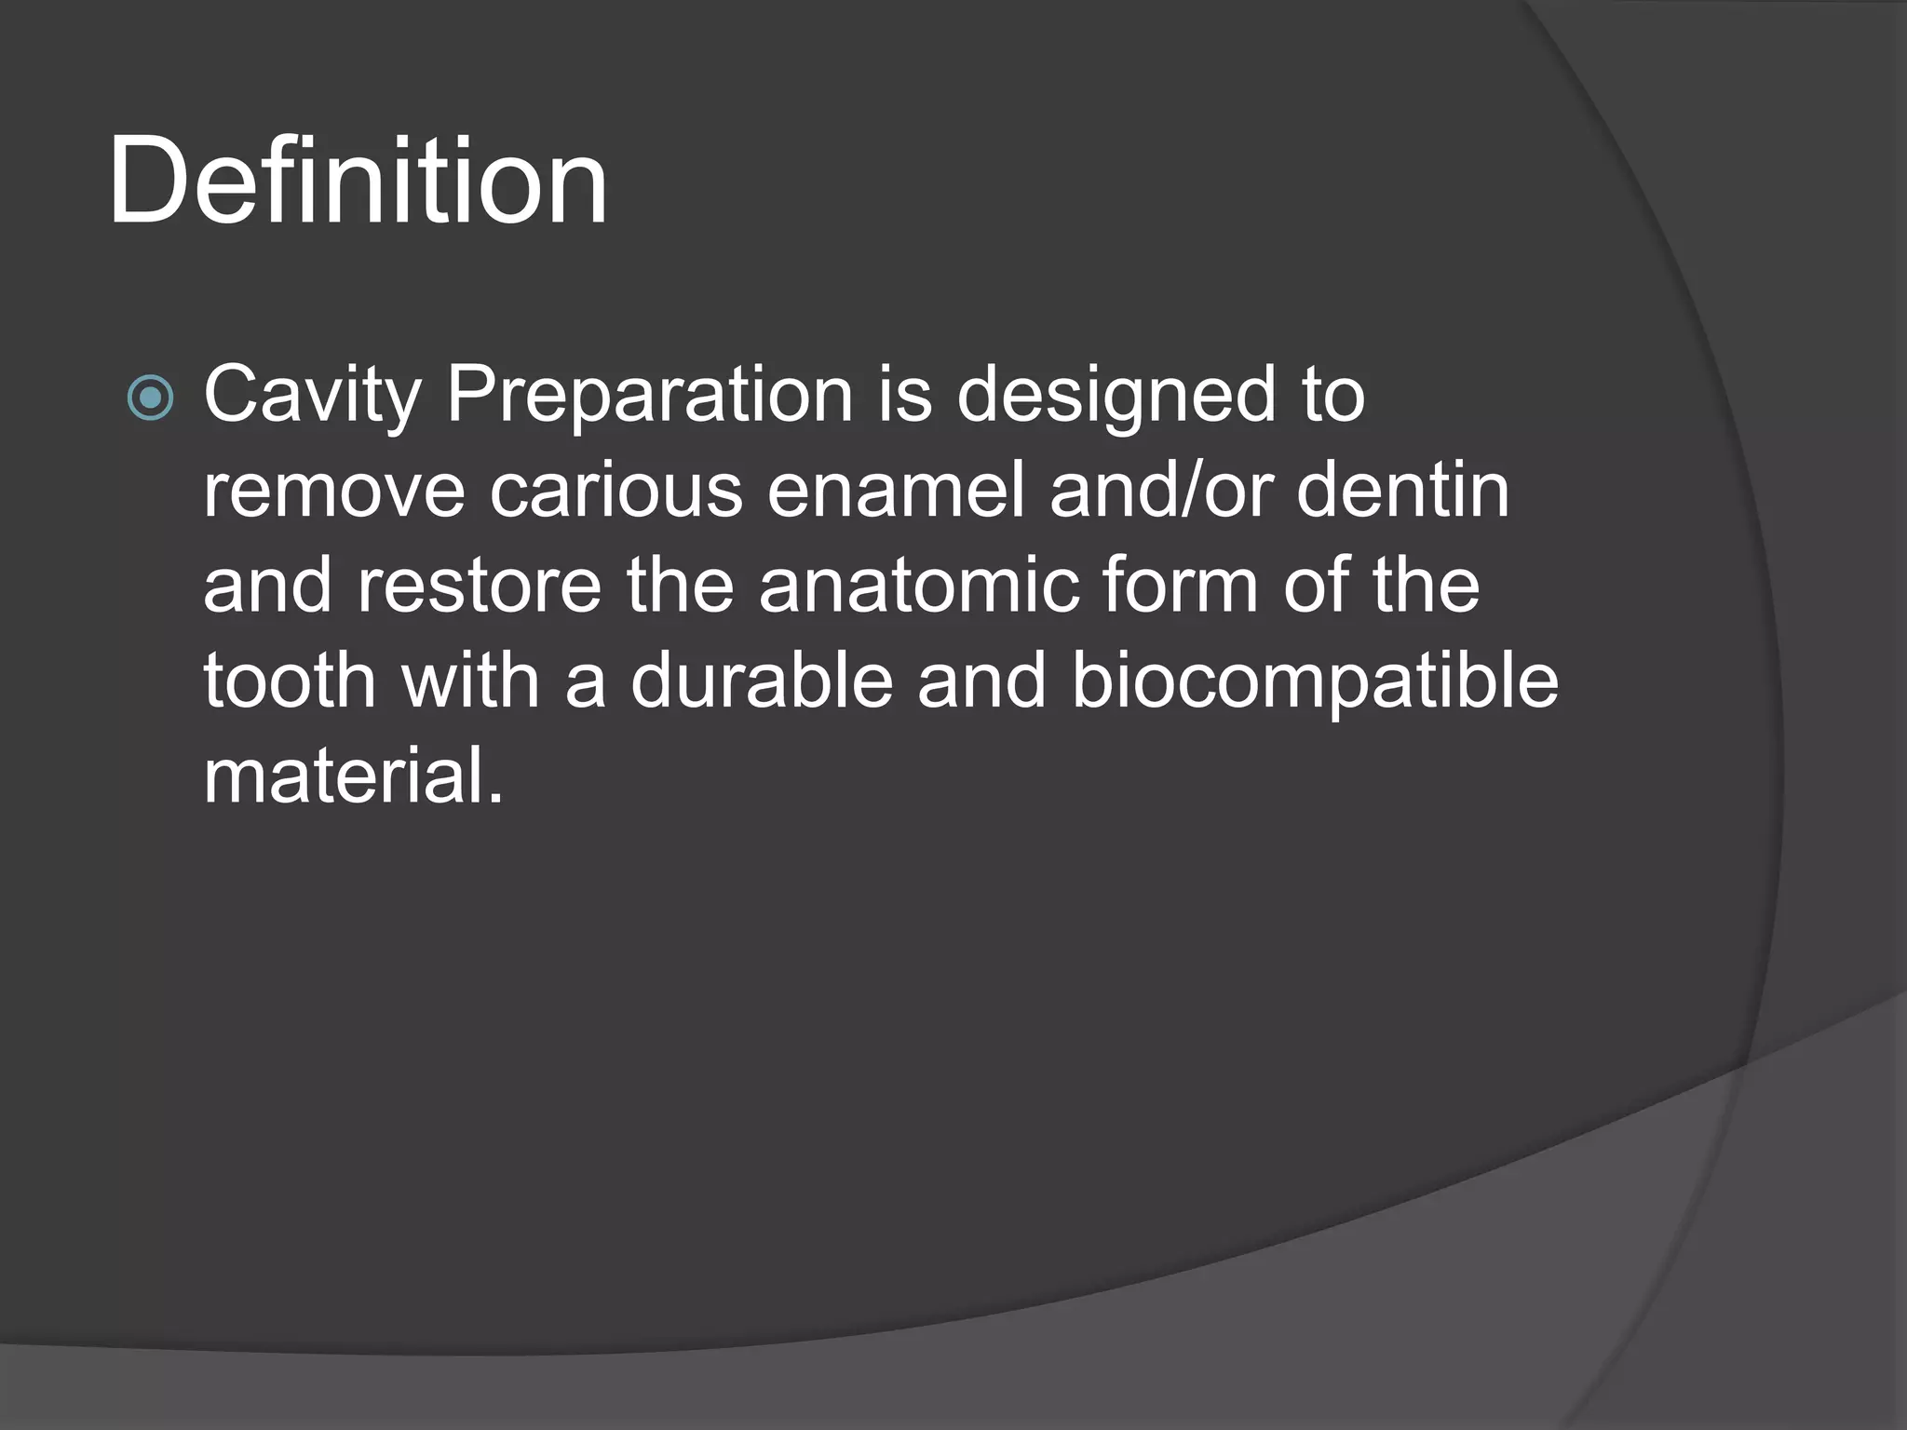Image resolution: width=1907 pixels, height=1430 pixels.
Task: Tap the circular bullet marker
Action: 150,398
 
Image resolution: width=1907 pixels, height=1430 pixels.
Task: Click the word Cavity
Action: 312,396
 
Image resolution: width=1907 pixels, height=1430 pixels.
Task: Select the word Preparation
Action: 650,396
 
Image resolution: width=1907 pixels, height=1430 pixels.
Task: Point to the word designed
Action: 1116,396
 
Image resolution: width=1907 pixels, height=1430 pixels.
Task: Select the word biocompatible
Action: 1315,682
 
